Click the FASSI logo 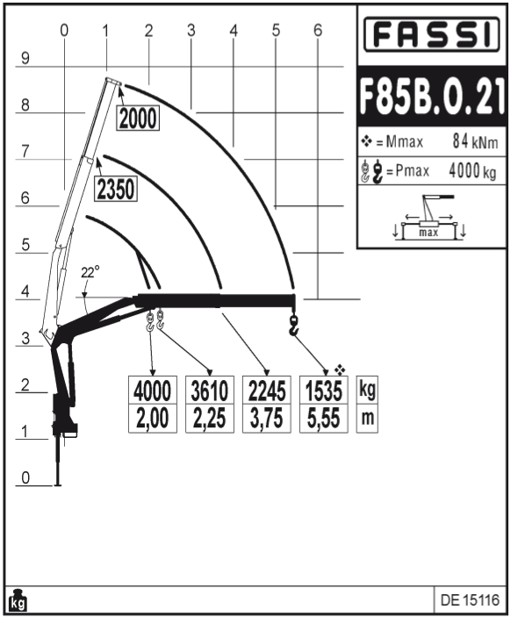tap(431, 34)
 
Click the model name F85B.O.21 tap(432, 96)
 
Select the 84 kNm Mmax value tap(475, 141)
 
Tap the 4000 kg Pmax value tap(472, 171)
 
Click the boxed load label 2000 tap(138, 118)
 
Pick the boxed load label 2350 tap(116, 189)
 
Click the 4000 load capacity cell tap(153, 390)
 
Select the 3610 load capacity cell tap(210, 390)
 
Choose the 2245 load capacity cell tap(267, 390)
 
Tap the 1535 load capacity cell tap(324, 390)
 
